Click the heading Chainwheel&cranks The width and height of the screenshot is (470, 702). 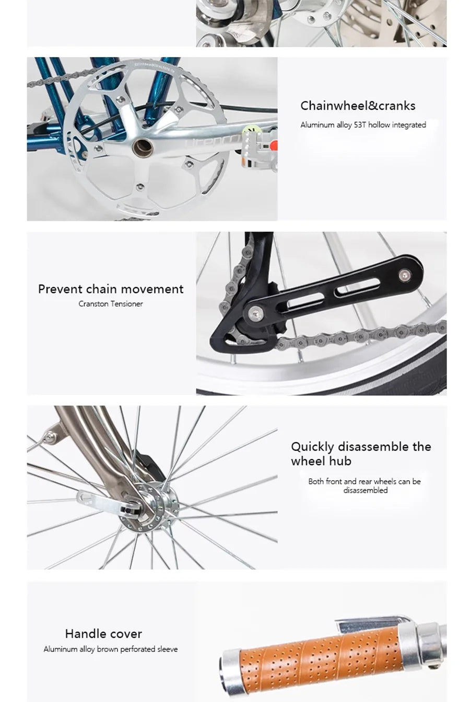click(x=358, y=106)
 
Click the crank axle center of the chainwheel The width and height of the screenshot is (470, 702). click(x=143, y=148)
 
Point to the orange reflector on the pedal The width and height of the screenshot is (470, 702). click(x=273, y=145)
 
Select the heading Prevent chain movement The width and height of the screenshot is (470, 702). click(x=111, y=289)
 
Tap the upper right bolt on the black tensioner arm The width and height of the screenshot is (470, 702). click(x=405, y=275)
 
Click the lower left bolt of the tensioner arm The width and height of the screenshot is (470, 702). click(x=254, y=312)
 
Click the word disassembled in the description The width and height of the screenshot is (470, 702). click(x=366, y=490)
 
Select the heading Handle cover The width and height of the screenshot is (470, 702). click(x=103, y=633)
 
